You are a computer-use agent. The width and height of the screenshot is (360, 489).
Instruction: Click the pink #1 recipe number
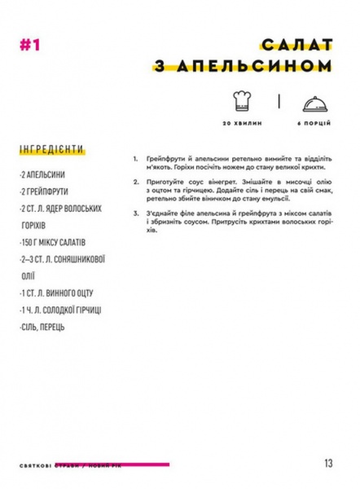click(29, 46)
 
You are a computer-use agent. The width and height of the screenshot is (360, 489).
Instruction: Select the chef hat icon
click(240, 102)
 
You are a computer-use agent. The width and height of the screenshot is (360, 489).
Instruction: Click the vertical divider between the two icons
click(279, 102)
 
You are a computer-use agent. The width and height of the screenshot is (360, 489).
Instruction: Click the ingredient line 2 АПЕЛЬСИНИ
click(45, 175)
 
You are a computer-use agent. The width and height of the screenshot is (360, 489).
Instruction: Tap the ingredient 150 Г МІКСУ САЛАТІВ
click(56, 243)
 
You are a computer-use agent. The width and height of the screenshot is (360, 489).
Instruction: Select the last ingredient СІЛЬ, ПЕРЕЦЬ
click(46, 328)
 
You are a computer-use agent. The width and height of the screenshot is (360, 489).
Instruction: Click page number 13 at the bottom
click(327, 463)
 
